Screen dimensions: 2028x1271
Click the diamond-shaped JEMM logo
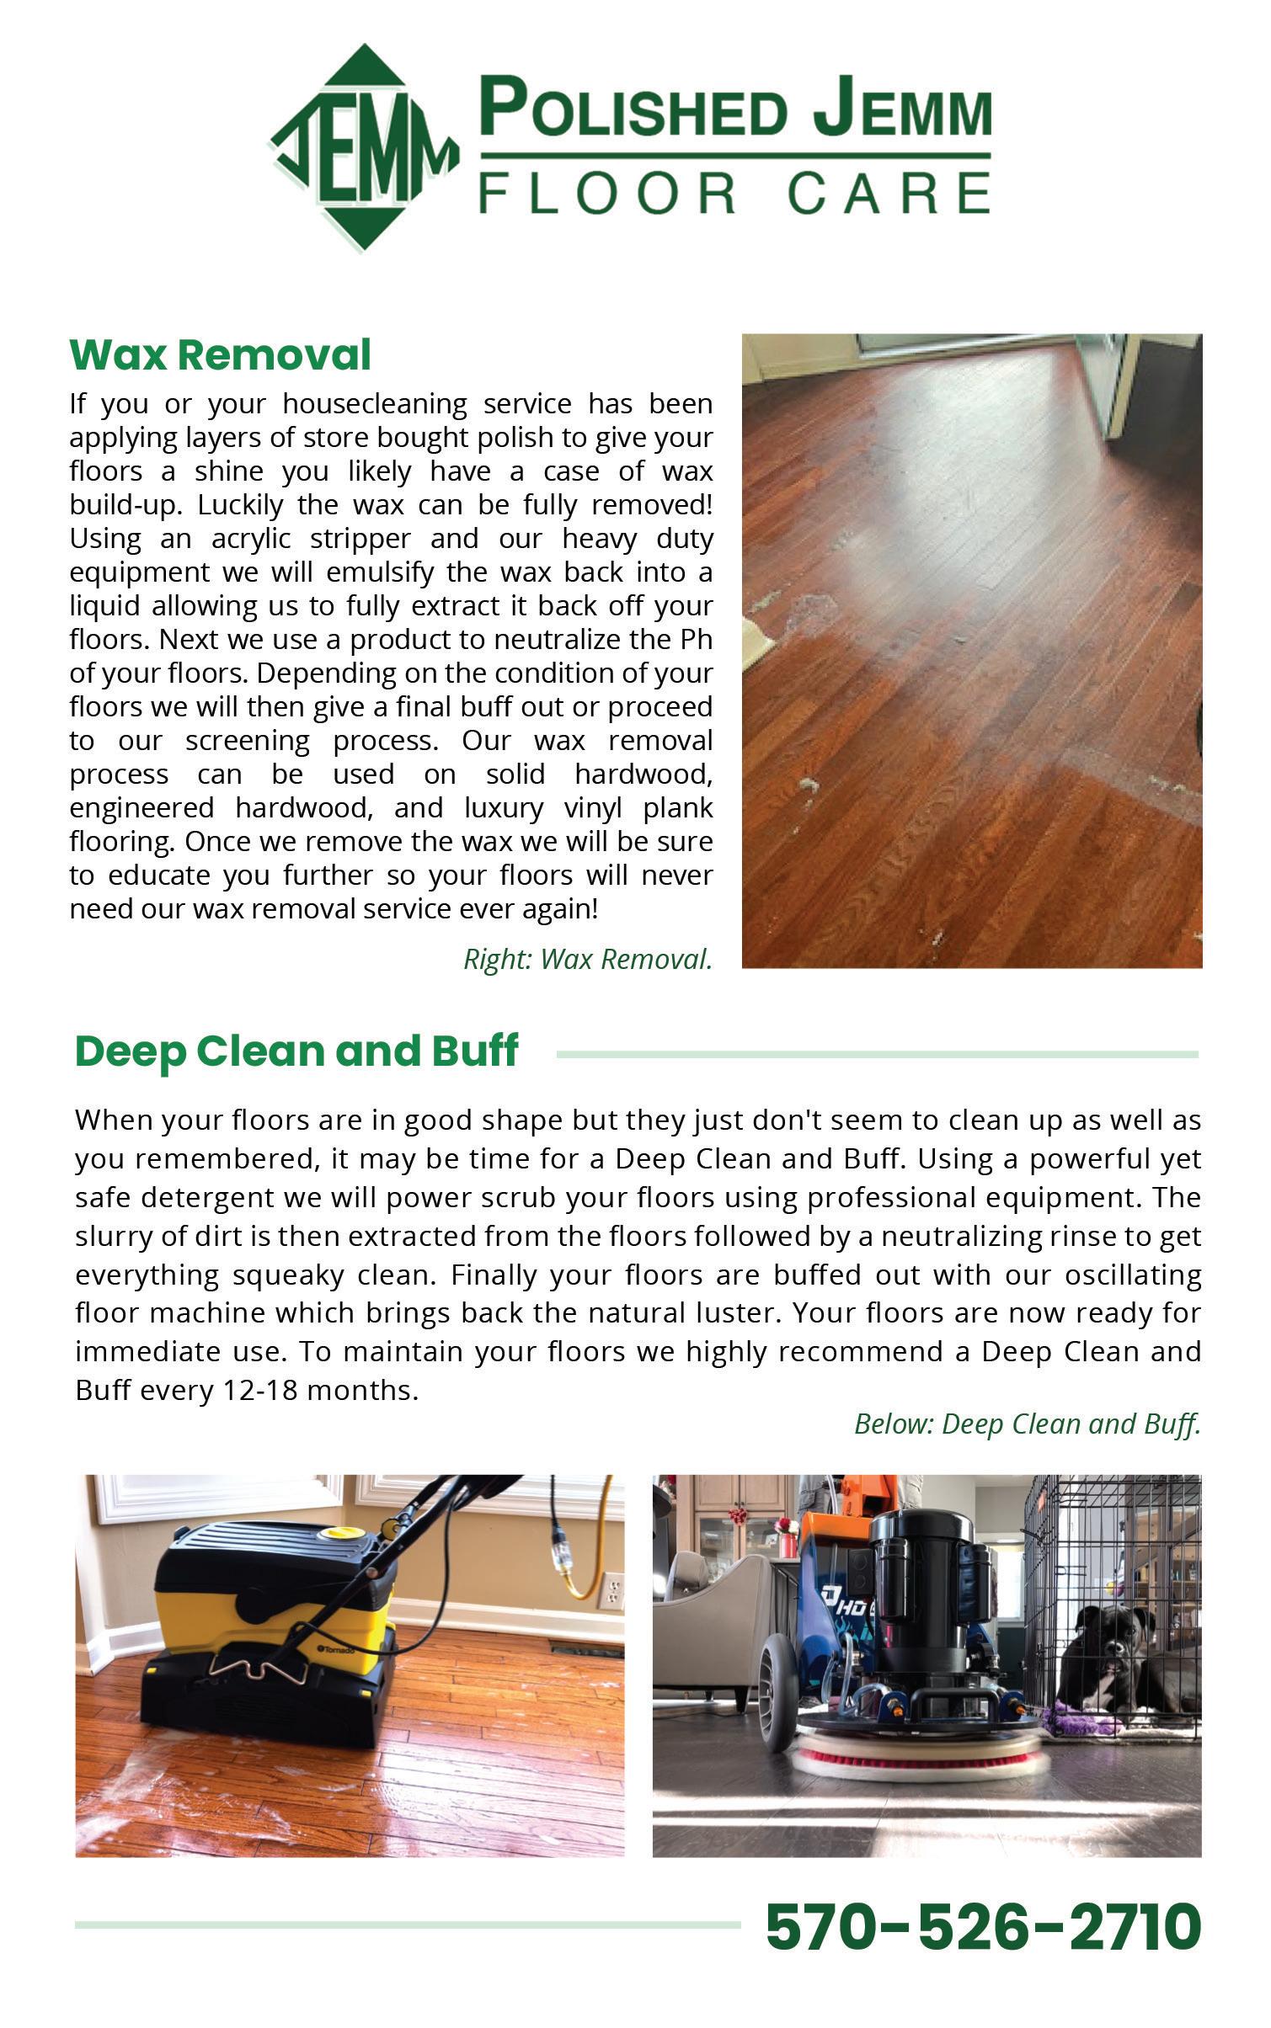point(364,149)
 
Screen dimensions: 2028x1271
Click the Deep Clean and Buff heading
point(296,1051)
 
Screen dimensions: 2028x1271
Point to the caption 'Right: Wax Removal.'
point(588,959)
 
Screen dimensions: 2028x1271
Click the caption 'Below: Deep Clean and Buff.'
point(1027,1424)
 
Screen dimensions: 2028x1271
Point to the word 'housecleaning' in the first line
point(375,404)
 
